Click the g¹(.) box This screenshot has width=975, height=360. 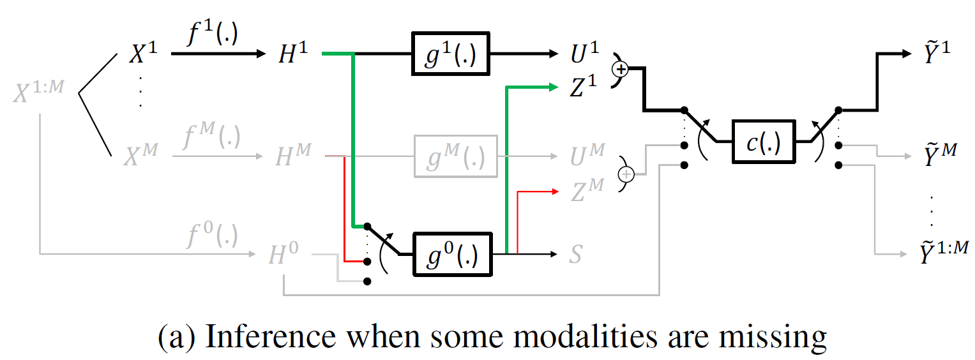point(450,54)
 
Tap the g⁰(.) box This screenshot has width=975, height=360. point(455,255)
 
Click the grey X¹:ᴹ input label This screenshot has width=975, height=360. point(39,94)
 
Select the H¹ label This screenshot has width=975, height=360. point(293,56)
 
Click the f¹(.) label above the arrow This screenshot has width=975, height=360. point(212,34)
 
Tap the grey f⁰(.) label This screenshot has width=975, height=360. point(212,237)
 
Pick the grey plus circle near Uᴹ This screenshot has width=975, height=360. point(626,173)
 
